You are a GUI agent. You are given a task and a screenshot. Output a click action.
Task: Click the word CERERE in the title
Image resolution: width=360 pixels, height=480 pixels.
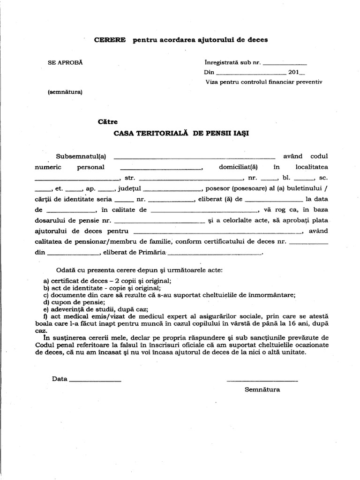click(110, 40)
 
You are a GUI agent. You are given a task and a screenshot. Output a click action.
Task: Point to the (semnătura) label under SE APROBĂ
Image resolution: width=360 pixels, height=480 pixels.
click(65, 92)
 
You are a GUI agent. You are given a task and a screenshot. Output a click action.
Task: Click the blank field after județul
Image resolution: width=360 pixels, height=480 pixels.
click(172, 190)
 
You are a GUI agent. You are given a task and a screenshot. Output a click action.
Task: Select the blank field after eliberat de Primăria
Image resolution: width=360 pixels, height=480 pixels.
click(215, 254)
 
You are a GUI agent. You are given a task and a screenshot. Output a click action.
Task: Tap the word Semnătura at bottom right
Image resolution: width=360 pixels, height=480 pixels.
click(262, 390)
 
